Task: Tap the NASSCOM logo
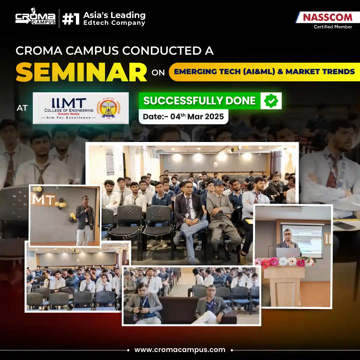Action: [327, 17]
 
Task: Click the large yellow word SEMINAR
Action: [81, 72]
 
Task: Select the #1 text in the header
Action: [71, 19]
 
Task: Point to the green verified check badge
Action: [271, 101]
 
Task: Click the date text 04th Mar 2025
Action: [197, 116]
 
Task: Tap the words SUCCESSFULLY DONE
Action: [199, 101]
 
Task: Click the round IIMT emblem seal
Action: [108, 108]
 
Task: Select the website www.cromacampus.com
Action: [180, 350]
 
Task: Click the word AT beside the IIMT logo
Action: [22, 108]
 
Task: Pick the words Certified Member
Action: [333, 27]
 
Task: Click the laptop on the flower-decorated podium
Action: [288, 252]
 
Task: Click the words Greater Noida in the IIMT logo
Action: [68, 114]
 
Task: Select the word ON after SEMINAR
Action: [158, 73]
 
